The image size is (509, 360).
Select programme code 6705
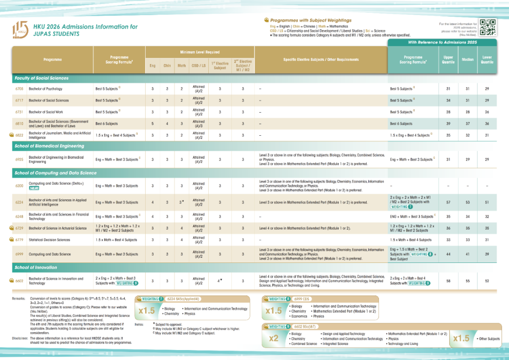click(19, 89)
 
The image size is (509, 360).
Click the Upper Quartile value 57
click(448, 202)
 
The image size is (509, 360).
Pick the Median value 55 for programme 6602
click(468, 281)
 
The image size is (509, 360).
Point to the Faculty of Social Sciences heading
click(41, 78)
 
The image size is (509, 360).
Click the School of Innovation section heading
click(36, 268)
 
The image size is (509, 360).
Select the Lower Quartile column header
click(487, 59)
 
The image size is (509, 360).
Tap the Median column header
click(468, 59)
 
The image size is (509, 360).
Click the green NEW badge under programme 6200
click(34, 188)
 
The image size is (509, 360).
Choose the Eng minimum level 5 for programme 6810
click(152, 124)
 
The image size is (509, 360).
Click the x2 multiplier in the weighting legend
click(273, 338)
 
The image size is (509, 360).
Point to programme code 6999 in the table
click(19, 254)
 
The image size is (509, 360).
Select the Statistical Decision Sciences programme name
click(49, 240)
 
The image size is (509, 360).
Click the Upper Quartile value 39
click(448, 124)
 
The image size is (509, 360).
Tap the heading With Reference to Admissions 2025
click(442, 42)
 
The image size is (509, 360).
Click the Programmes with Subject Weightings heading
click(311, 20)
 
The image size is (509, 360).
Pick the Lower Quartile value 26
click(487, 112)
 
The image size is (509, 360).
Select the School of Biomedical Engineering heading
click(49, 147)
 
